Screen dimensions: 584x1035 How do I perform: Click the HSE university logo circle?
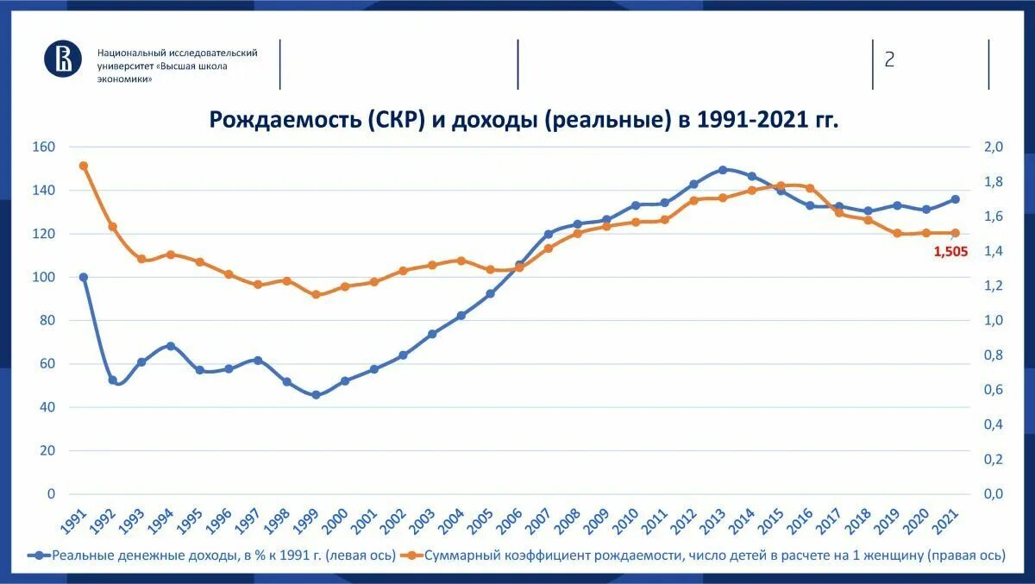click(63, 58)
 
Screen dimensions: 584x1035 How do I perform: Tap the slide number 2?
click(889, 60)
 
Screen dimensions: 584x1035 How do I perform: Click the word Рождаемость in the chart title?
click(284, 119)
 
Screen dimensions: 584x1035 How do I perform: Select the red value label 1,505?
click(950, 252)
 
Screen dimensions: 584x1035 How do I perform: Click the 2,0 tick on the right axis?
click(994, 147)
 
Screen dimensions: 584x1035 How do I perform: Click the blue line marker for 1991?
click(84, 278)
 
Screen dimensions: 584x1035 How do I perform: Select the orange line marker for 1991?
click(84, 166)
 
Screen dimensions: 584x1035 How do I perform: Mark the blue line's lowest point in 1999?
click(316, 395)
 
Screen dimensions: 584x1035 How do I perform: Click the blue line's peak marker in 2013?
click(723, 170)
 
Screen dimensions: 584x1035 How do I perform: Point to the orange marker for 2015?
click(781, 185)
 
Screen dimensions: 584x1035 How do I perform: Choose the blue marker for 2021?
click(955, 199)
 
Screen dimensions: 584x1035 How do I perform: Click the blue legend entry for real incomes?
click(216, 556)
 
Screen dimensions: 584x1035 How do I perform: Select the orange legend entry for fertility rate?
click(707, 556)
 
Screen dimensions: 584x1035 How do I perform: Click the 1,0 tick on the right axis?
click(994, 321)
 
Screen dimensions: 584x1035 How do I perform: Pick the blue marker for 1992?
click(113, 380)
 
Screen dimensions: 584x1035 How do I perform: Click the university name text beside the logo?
click(177, 66)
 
